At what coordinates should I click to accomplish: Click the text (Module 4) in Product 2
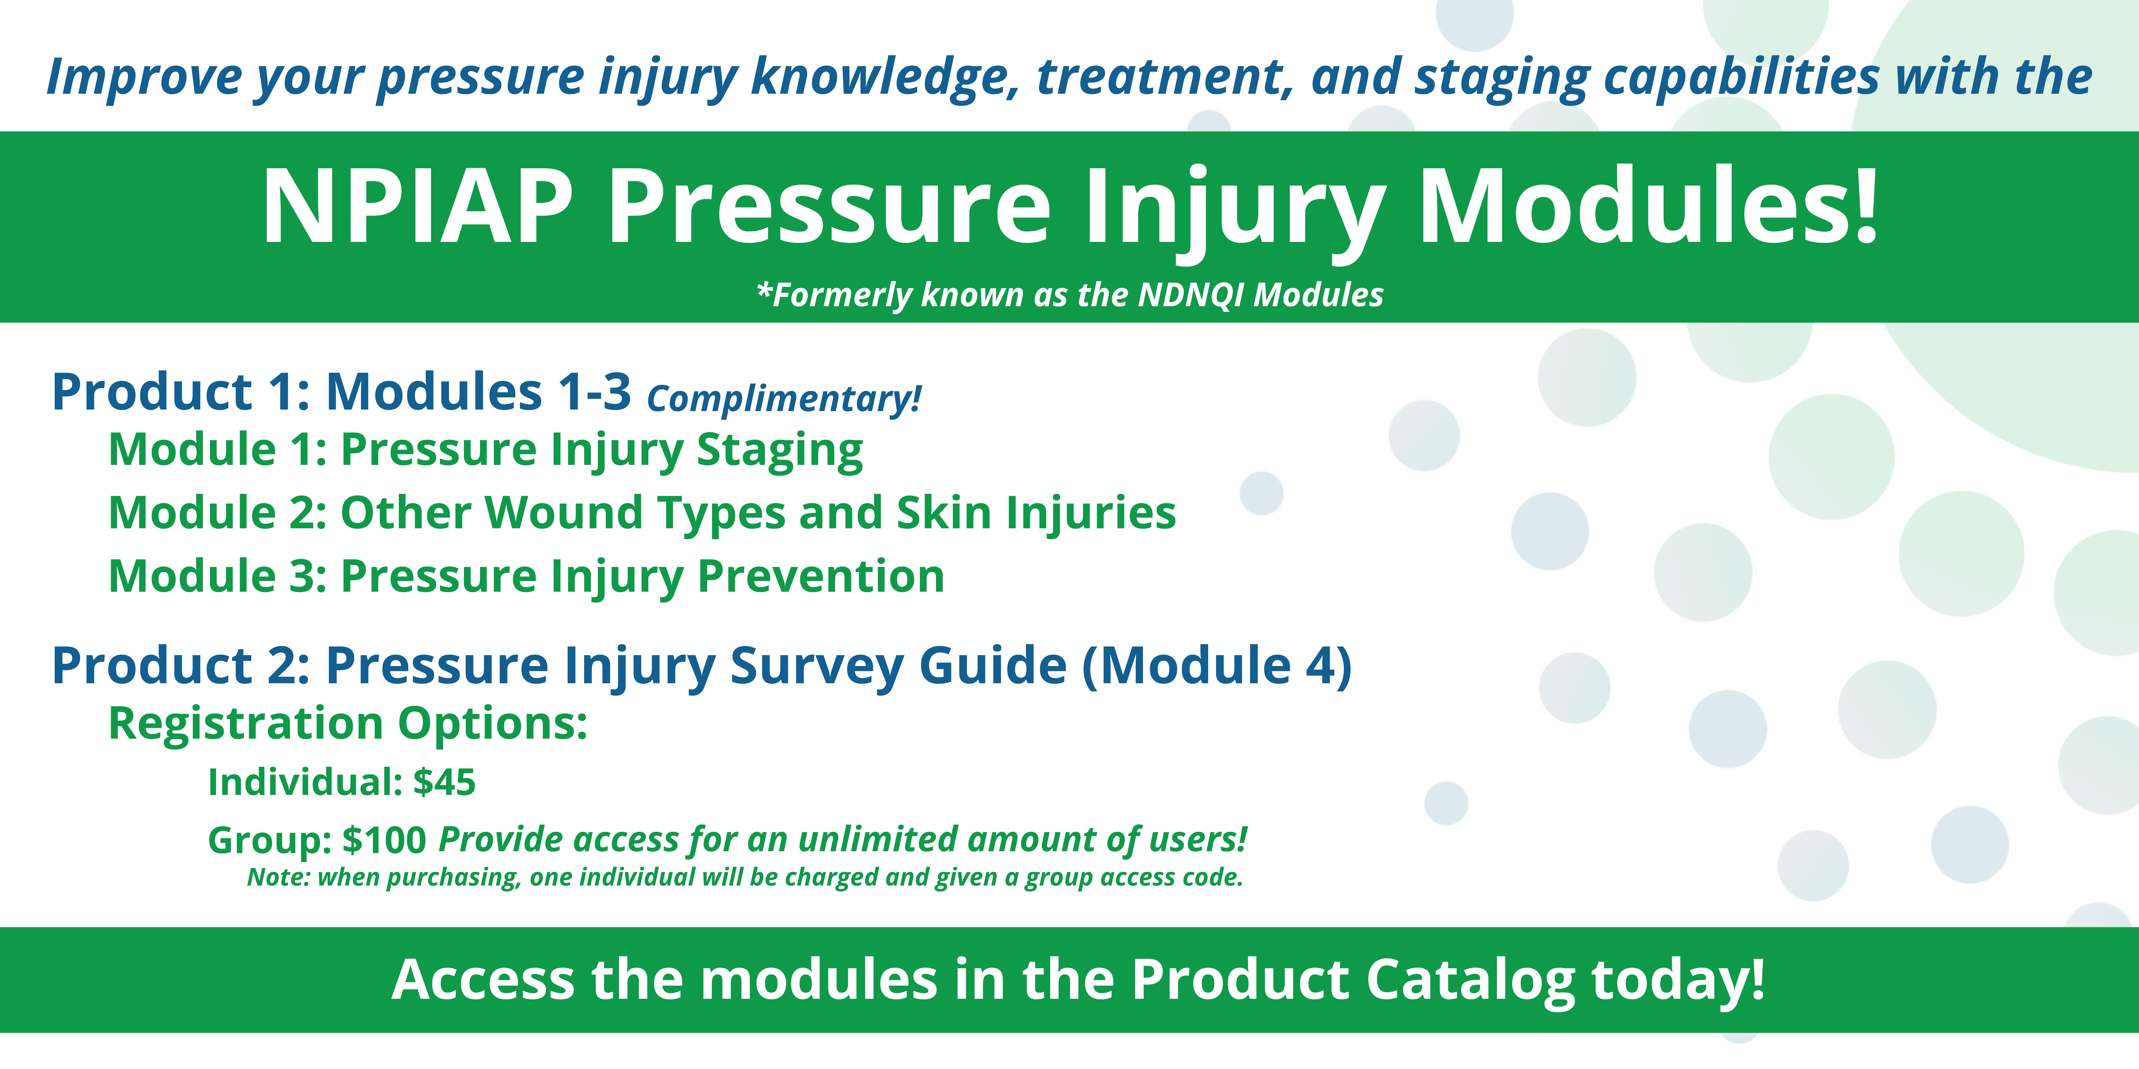coord(1216,667)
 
